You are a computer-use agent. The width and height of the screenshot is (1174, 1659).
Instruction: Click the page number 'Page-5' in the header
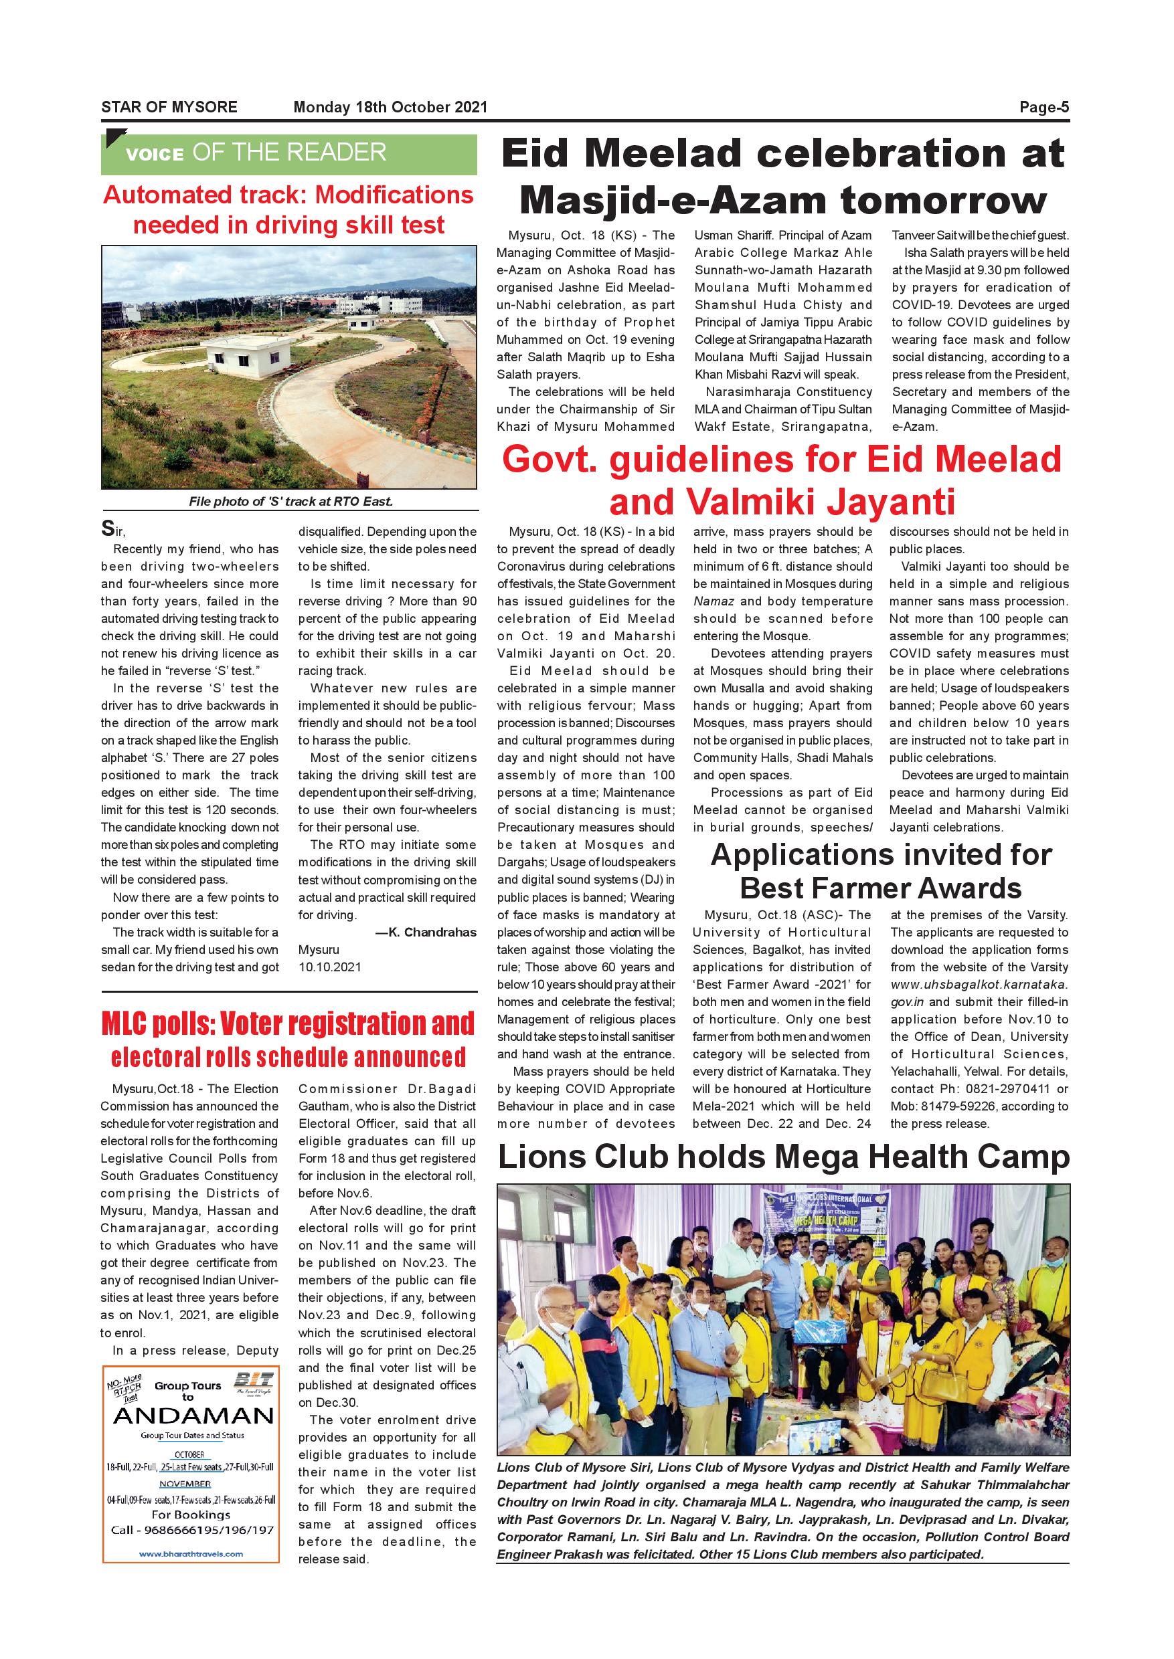[x=1044, y=108]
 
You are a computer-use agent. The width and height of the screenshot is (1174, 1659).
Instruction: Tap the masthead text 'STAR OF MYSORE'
[x=169, y=108]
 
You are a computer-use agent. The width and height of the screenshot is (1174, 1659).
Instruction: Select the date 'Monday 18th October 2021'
[x=390, y=108]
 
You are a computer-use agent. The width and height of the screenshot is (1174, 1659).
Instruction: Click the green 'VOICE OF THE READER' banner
[x=288, y=153]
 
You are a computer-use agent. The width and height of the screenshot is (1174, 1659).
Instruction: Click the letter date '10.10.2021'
[x=330, y=967]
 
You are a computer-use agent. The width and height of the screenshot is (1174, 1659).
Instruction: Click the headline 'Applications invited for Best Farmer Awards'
[x=881, y=872]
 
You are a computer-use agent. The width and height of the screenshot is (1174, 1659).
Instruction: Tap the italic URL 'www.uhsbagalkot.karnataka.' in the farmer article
[x=979, y=984]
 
